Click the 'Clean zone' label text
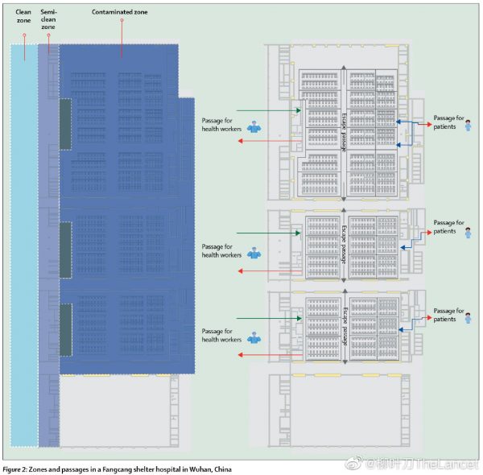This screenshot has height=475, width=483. click(x=23, y=17)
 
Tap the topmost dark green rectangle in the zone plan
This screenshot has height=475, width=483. click(x=65, y=124)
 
